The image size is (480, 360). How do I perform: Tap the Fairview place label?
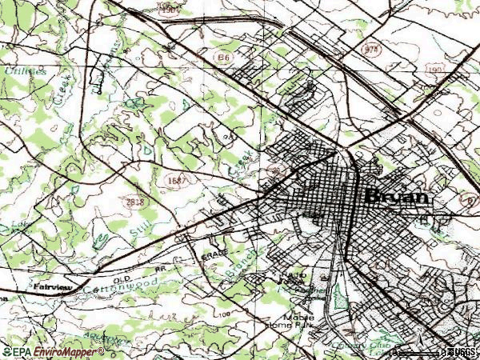53,284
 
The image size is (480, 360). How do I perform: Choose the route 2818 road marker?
135,202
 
